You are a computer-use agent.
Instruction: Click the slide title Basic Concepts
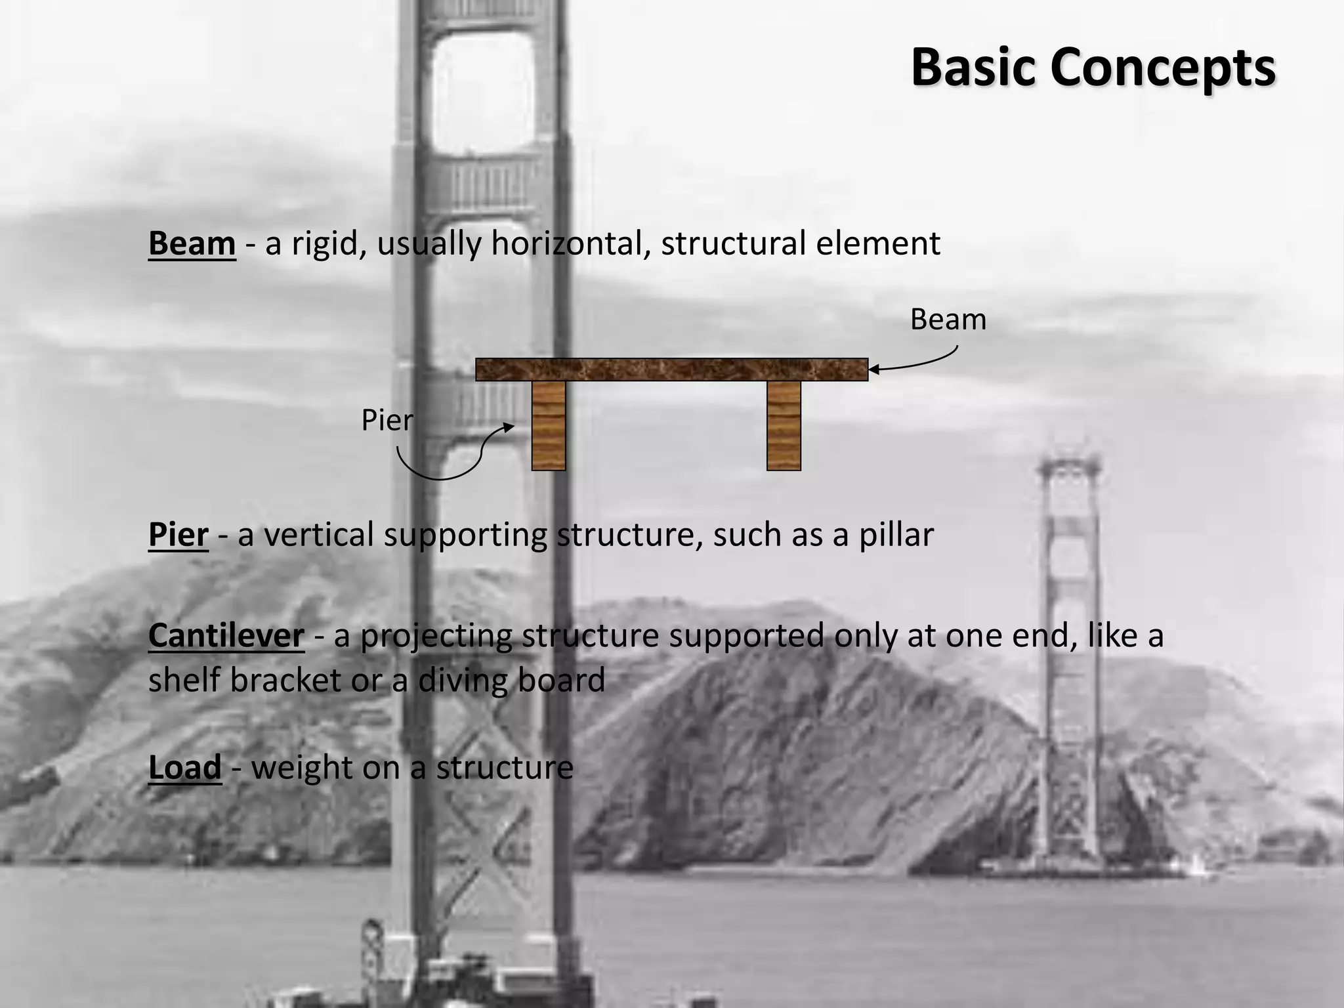1093,68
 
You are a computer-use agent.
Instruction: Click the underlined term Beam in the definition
192,244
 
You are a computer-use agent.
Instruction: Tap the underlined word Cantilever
226,636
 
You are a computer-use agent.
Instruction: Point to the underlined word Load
184,768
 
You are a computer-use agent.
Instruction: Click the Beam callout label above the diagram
948,320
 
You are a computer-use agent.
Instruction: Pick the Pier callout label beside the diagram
387,421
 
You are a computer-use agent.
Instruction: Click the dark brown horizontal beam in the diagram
671,370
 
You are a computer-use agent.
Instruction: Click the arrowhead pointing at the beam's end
873,370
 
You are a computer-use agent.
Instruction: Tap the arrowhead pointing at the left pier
509,427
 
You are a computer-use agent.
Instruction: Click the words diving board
511,681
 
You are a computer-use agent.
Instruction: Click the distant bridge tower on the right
1069,656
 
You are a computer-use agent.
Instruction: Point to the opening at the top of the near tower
483,92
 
